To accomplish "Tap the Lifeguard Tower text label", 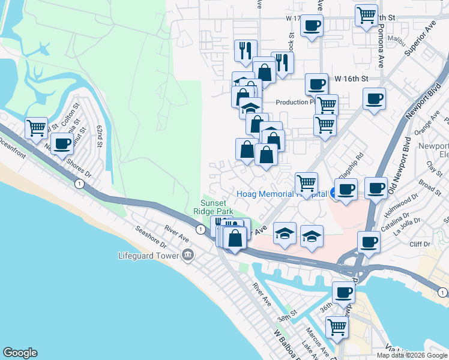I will pos(149,256).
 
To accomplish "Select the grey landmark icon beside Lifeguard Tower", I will pos(188,256).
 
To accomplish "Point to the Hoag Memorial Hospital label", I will pos(281,194).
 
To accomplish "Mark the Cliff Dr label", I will pos(420,244).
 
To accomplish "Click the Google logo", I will pos(20,353).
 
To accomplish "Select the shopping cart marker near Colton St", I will pos(37,127).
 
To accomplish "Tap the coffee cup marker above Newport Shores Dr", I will pos(61,143).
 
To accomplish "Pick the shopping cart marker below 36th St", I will pos(337,327).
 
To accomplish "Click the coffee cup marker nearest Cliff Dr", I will pos(368,242).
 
